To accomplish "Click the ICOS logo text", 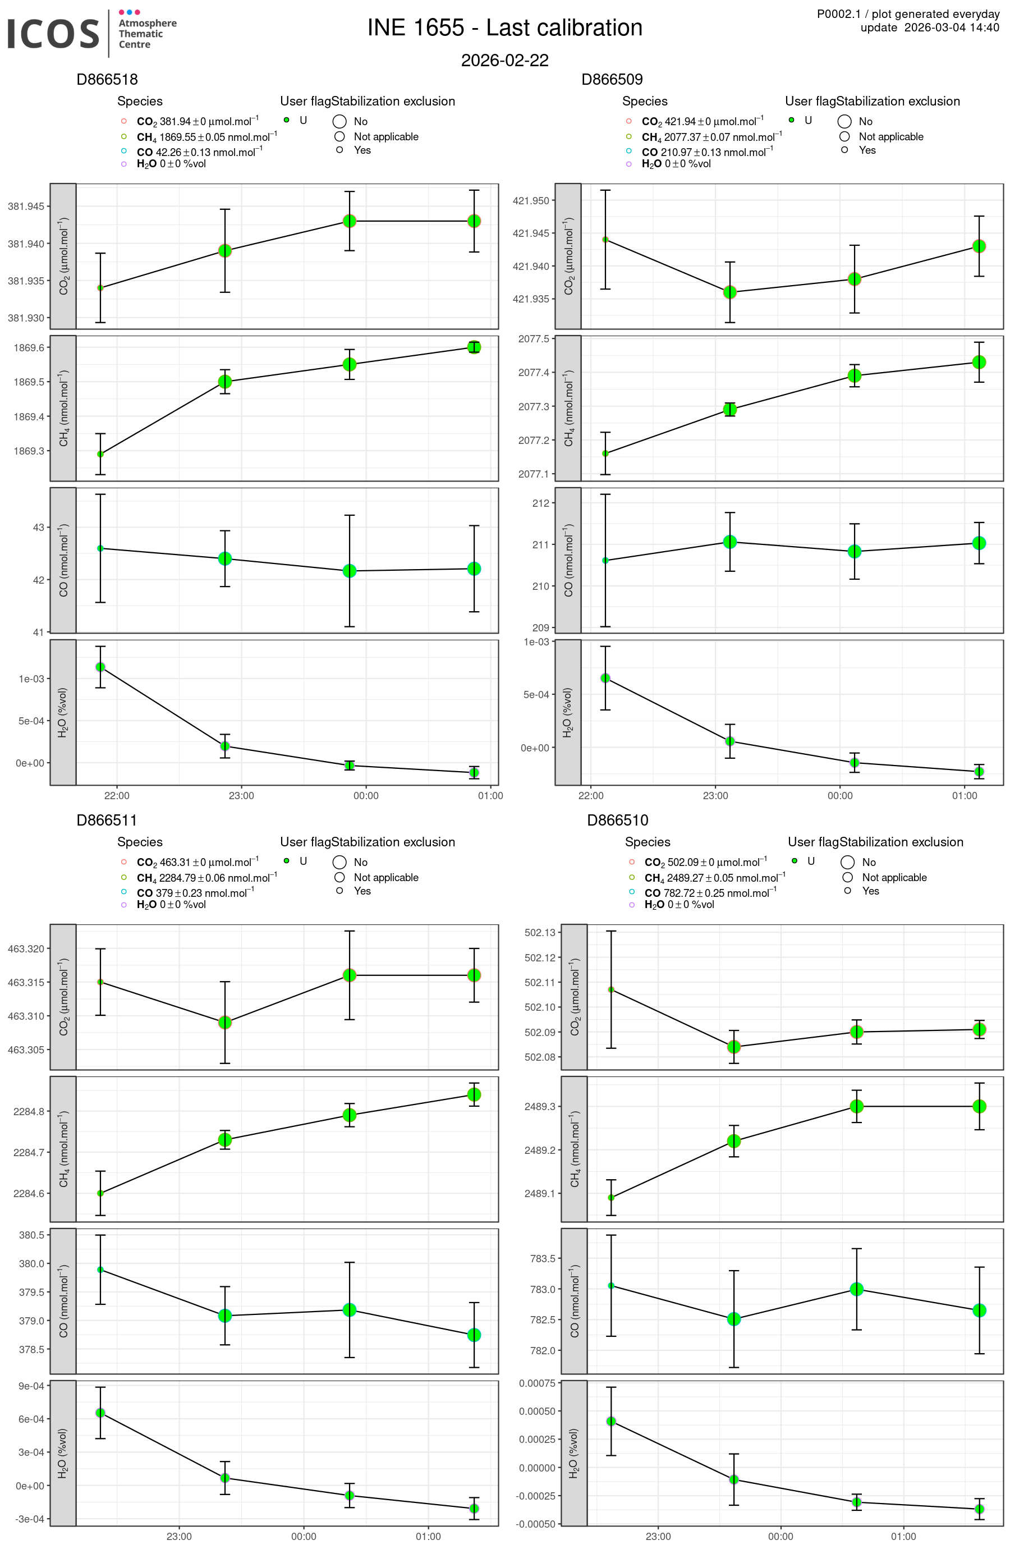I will (53, 33).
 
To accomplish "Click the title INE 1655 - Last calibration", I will (504, 28).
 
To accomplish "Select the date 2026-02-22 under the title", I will (504, 61).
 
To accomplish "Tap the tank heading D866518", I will (107, 79).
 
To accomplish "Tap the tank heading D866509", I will (612, 79).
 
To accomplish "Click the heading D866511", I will (107, 820).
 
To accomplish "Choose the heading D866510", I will (618, 820).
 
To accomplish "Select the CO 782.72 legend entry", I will (709, 893).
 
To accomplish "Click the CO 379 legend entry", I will (195, 893).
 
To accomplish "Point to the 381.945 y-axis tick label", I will (26, 207).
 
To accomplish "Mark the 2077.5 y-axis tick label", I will (533, 339).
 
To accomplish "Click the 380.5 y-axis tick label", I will (31, 1235).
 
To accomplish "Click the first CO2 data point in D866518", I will (100, 288).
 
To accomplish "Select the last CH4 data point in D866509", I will (979, 362).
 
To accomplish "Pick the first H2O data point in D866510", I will (611, 1422).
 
